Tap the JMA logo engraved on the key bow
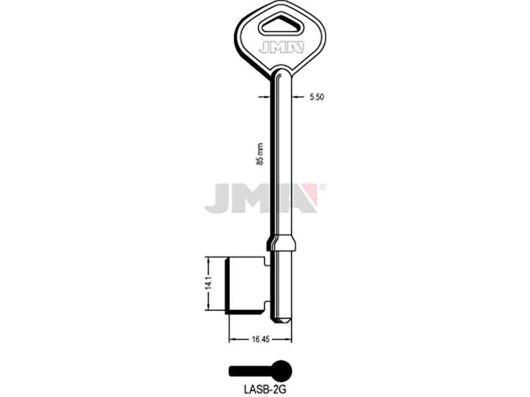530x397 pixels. pyautogui.click(x=281, y=48)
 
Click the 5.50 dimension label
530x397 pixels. pyautogui.click(x=316, y=97)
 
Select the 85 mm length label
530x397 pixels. pyautogui.click(x=260, y=154)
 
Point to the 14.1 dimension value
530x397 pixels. pyautogui.click(x=209, y=283)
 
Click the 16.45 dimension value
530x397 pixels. pyautogui.click(x=260, y=339)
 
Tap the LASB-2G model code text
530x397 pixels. pyautogui.click(x=264, y=390)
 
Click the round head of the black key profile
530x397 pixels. pyautogui.click(x=281, y=372)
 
